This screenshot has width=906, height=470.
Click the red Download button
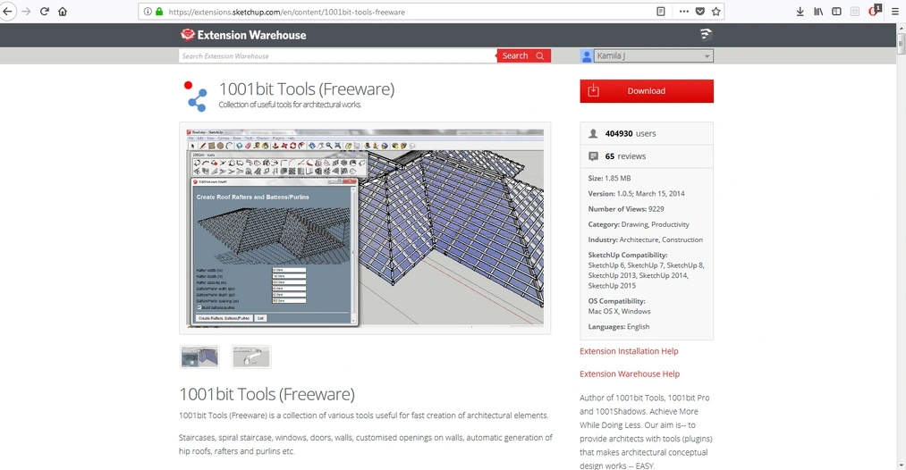pyautogui.click(x=646, y=91)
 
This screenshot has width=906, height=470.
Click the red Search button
pyautogui.click(x=523, y=55)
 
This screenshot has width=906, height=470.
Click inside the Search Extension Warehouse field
pyautogui.click(x=337, y=55)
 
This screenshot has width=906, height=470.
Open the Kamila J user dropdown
pyautogui.click(x=647, y=55)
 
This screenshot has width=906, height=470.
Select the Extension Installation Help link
pyautogui.click(x=629, y=351)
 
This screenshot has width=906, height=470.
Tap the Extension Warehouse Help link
pyautogui.click(x=629, y=373)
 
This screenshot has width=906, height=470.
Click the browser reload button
pyautogui.click(x=44, y=12)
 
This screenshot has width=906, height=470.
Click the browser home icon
pyautogui.click(x=63, y=12)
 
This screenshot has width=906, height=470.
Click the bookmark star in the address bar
pyautogui.click(x=716, y=12)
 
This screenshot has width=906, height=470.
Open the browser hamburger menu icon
pyautogui.click(x=894, y=12)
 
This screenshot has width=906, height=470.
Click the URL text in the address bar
pyautogui.click(x=286, y=12)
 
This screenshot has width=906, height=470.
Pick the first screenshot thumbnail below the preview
pyautogui.click(x=199, y=357)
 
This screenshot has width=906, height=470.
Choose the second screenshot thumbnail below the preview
pyautogui.click(x=250, y=357)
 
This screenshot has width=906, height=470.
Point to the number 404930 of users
pyautogui.click(x=619, y=133)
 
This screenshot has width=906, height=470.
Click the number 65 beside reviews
pyautogui.click(x=609, y=156)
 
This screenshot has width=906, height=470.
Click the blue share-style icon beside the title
pyautogui.click(x=195, y=95)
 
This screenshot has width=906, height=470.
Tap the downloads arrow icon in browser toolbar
pyautogui.click(x=800, y=12)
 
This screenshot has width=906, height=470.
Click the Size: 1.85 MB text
pyautogui.click(x=609, y=178)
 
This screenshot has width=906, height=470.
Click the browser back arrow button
pyautogui.click(x=8, y=12)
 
